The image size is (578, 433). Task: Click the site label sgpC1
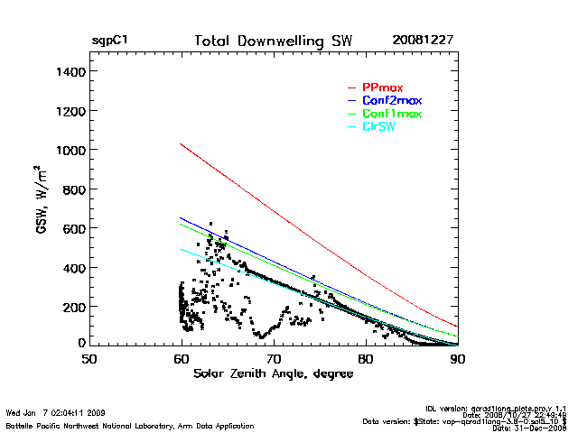coord(109,42)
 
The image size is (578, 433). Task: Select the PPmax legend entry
coord(381,88)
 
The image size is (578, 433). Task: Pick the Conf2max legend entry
coord(391,100)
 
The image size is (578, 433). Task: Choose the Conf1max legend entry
coord(391,114)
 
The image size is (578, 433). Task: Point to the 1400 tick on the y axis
coord(69,71)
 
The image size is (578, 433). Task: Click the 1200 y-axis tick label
coord(69,111)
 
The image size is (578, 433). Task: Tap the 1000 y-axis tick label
coord(69,150)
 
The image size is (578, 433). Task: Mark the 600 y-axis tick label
coord(72,228)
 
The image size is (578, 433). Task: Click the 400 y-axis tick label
coord(72,268)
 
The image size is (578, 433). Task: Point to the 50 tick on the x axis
coord(89,359)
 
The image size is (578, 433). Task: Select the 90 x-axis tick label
coord(457,359)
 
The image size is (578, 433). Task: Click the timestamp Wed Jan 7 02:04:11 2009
coord(55,413)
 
